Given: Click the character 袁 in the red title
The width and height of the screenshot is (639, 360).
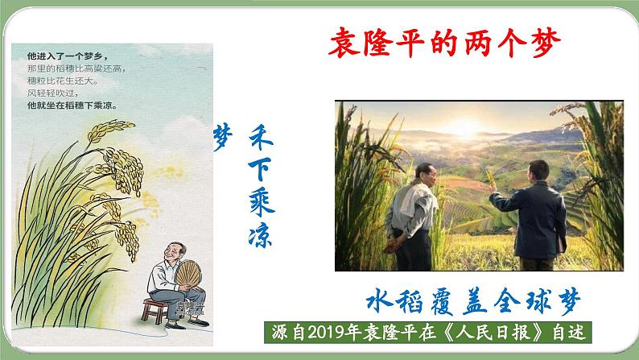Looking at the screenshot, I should [x=344, y=42].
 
